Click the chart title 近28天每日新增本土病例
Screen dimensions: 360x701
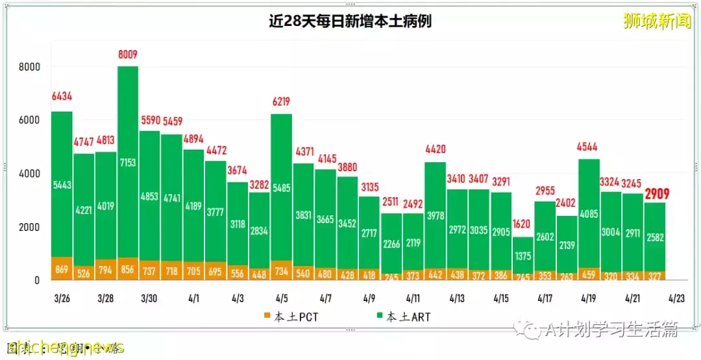[350, 21]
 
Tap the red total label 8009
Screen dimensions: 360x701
[127, 54]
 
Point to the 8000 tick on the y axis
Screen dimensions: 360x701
[29, 67]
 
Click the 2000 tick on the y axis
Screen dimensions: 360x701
[29, 227]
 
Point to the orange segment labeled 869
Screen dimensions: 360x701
[62, 269]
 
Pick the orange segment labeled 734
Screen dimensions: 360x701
[282, 270]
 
